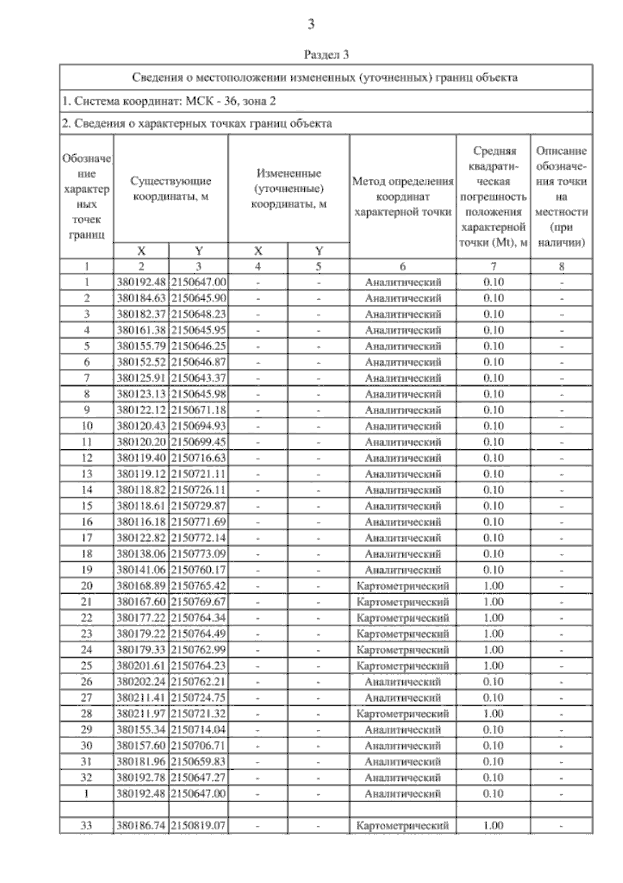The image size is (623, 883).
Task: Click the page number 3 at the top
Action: point(311,24)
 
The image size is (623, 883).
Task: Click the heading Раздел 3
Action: point(326,55)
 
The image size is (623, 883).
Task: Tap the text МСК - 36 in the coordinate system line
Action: point(204,101)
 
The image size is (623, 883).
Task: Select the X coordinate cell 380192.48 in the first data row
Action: point(141,282)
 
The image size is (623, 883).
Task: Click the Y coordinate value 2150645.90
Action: point(198,298)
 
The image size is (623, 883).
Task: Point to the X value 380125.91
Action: point(141,378)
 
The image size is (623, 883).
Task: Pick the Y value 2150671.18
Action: point(198,410)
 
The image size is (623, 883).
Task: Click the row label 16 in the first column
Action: point(87,521)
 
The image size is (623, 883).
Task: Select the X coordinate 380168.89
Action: point(141,586)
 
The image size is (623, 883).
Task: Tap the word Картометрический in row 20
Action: point(403,586)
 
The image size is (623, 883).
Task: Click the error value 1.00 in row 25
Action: point(493,665)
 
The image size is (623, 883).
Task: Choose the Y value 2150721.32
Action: point(198,714)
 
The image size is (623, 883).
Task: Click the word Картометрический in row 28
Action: point(403,714)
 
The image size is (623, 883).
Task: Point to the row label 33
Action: point(87,825)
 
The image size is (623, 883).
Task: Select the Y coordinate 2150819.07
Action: point(198,825)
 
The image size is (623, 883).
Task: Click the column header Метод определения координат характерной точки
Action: point(403,197)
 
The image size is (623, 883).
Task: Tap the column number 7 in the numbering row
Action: point(493,266)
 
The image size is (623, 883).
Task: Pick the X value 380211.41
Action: point(141,698)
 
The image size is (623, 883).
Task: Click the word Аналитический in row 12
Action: point(403,458)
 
